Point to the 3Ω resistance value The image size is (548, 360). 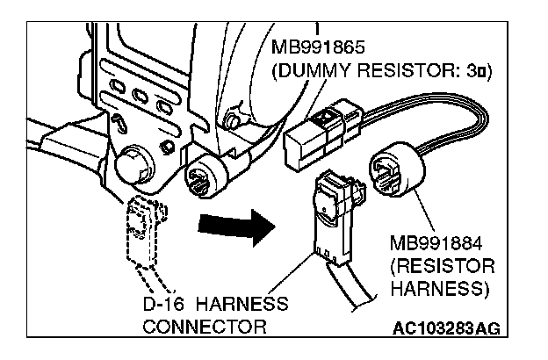pos(474,69)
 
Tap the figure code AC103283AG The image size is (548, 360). pos(448,328)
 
